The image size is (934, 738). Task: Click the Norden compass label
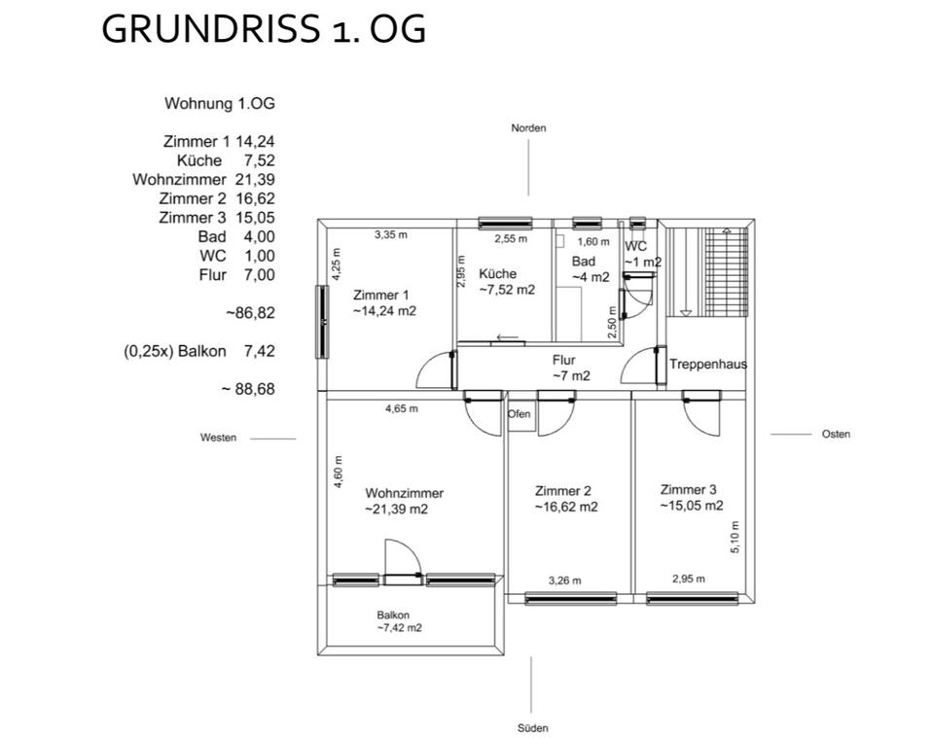528,128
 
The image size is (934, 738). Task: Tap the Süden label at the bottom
533,728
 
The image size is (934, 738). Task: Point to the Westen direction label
218,438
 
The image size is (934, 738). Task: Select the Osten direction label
836,434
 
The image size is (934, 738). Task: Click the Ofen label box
520,414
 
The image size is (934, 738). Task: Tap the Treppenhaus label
707,365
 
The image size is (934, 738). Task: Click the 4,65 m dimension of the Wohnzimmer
402,409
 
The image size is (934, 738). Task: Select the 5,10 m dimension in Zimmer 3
735,537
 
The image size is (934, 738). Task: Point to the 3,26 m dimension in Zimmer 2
564,580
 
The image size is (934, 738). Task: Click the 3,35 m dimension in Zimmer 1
391,234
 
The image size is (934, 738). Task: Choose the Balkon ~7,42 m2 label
399,621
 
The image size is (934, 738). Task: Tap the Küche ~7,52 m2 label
506,281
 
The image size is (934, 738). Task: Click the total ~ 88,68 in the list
247,389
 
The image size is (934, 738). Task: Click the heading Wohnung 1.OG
212,103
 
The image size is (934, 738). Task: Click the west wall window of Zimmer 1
321,322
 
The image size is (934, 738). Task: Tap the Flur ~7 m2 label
570,368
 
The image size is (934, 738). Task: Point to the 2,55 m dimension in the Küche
510,239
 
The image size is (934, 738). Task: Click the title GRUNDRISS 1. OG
264,29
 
